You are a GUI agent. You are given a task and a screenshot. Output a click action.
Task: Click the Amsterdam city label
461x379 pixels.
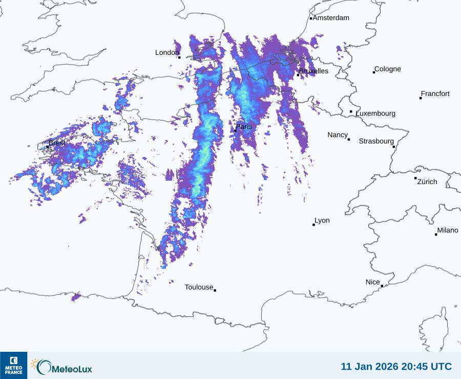pyautogui.click(x=331, y=18)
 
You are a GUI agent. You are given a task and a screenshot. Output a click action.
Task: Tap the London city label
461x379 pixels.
pyautogui.click(x=167, y=52)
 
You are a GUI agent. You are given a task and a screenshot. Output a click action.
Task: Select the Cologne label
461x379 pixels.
pyautogui.click(x=388, y=69)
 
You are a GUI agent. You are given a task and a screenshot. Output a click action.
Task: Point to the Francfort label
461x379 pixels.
pyautogui.click(x=435, y=94)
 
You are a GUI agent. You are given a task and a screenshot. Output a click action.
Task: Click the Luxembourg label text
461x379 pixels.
pyautogui.click(x=375, y=113)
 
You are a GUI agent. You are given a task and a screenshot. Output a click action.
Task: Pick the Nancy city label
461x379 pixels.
pyautogui.click(x=338, y=135)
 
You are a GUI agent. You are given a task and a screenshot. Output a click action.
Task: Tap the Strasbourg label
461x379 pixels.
pyautogui.click(x=376, y=141)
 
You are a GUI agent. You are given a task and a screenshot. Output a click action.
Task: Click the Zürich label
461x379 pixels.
pyautogui.click(x=427, y=182)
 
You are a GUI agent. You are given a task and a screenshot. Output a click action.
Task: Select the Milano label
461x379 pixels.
pyautogui.click(x=448, y=230)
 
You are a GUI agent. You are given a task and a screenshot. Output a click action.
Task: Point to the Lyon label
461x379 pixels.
pyautogui.click(x=322, y=221)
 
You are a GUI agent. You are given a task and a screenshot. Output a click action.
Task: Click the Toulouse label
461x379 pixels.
pyautogui.click(x=199, y=287)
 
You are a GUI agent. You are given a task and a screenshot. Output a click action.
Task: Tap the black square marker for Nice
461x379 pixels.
pyautogui.click(x=382, y=286)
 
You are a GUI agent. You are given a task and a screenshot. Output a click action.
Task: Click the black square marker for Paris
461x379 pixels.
pyautogui.click(x=235, y=131)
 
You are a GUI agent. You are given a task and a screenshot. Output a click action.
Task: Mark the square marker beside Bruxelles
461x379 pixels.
pyautogui.click(x=298, y=75)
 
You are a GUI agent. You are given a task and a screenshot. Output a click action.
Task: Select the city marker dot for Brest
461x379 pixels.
pyautogui.click(x=48, y=147)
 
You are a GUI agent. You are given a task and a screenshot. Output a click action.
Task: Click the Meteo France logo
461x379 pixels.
pyautogui.click(x=13, y=365)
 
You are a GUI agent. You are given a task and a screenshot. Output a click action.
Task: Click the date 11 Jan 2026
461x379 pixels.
pyautogui.click(x=370, y=366)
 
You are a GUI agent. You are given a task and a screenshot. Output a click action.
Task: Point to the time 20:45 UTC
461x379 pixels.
pyautogui.click(x=427, y=366)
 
